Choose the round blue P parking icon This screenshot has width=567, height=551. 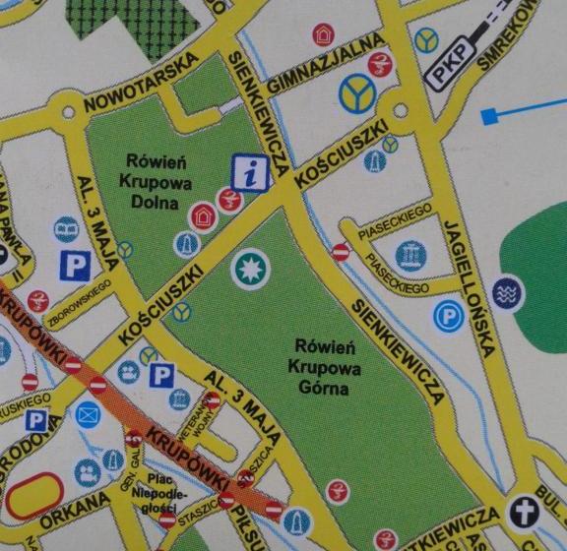446,316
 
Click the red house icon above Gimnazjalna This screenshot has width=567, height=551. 323,35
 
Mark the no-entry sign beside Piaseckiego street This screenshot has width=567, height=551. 341,253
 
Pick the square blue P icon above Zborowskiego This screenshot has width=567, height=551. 72,264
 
